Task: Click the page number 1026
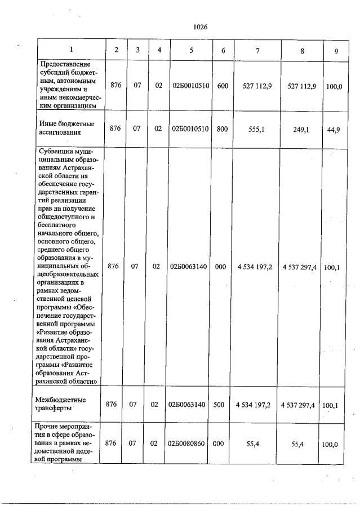pos(200,26)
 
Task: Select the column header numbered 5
pos(191,50)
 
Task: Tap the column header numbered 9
pos(336,51)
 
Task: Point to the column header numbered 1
pos(71,50)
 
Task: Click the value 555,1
pos(256,128)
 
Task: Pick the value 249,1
pos(302,128)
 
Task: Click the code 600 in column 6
pos(222,85)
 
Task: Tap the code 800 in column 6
pos(222,128)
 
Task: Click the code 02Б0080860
pos(189,444)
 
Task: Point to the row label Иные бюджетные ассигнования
pos(66,128)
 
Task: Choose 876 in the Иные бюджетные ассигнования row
pos(115,128)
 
